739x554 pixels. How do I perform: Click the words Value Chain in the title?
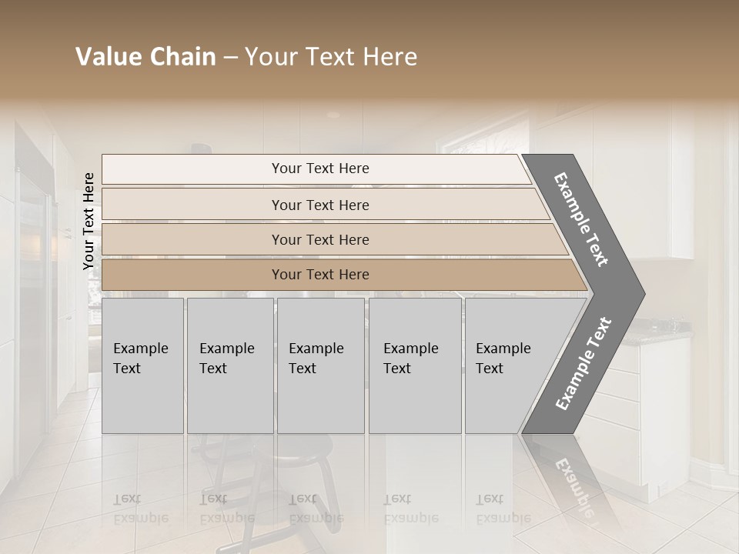(x=145, y=58)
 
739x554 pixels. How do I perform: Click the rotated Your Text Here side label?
(x=89, y=221)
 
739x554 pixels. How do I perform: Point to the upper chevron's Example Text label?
(x=581, y=220)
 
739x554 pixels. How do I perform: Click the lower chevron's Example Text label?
(x=584, y=363)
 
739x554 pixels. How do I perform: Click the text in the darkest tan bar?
(x=320, y=275)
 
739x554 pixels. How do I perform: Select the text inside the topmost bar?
(x=320, y=169)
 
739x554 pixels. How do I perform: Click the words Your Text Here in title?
(x=331, y=58)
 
